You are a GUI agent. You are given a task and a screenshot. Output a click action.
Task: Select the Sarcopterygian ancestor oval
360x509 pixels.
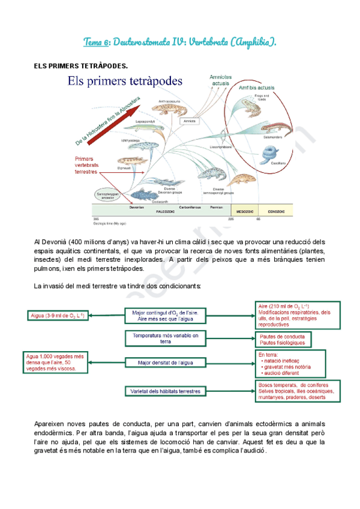(106, 194)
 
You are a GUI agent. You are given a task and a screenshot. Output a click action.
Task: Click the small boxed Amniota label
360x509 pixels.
(190, 121)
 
